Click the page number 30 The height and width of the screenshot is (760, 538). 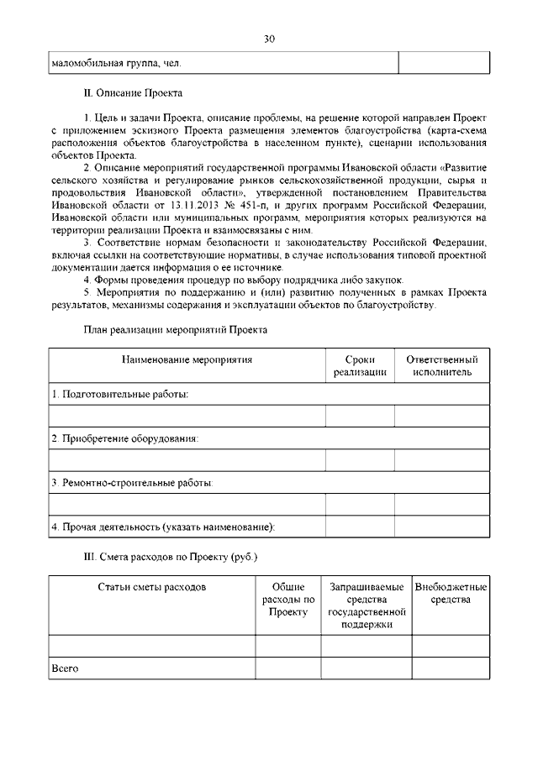tap(269, 39)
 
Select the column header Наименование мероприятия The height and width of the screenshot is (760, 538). tap(187, 359)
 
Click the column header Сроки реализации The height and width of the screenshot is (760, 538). tap(360, 365)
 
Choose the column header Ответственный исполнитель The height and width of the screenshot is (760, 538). tap(442, 365)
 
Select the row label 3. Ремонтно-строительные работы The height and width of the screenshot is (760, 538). tap(131, 483)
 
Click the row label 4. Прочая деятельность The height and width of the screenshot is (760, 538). tap(164, 527)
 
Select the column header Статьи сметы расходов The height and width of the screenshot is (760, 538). tap(151, 587)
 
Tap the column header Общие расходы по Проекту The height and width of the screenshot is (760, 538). tap(288, 600)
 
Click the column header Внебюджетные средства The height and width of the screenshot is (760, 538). tap(451, 593)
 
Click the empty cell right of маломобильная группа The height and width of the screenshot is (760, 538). tap(443, 62)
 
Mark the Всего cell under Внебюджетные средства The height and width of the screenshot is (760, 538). tap(451, 668)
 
